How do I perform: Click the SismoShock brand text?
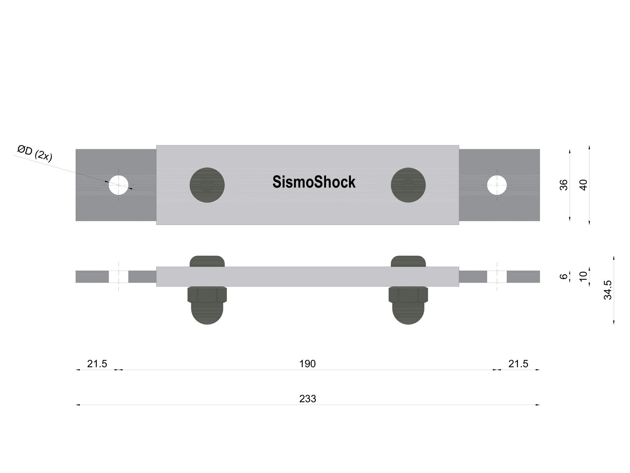tap(314, 182)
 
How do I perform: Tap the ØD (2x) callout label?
tap(35, 153)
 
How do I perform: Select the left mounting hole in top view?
tap(118, 185)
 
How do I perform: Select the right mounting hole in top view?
tap(497, 185)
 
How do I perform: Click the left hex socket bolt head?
tap(207, 185)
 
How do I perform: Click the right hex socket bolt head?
tap(408, 185)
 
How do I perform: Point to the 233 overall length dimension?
tap(307, 399)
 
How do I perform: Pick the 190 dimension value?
tap(307, 364)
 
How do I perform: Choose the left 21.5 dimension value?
tap(97, 364)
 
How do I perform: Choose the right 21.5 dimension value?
tap(518, 364)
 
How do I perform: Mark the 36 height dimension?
tap(564, 185)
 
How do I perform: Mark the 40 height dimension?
tap(583, 185)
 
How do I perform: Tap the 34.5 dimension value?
tap(608, 290)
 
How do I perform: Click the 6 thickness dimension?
tap(564, 276)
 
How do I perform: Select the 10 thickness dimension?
tap(583, 276)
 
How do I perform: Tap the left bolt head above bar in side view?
tap(207, 261)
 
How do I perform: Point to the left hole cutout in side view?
tap(118, 277)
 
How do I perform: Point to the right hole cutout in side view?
tap(497, 277)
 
